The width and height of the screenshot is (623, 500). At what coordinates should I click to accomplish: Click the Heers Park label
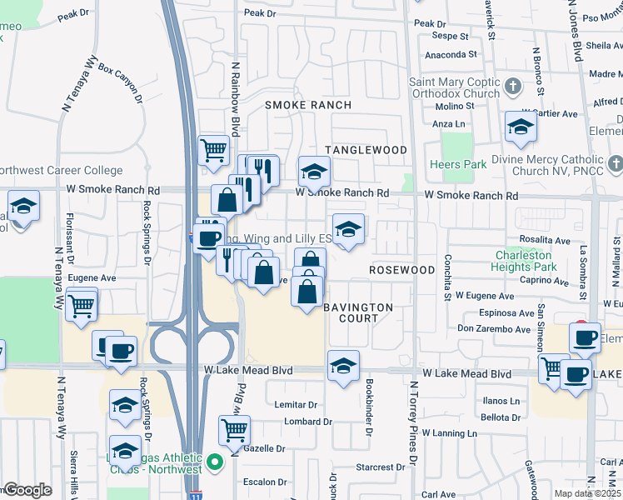458,164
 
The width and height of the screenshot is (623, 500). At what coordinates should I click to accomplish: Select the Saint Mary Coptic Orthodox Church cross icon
513,86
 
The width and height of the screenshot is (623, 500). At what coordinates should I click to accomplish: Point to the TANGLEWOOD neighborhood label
366,150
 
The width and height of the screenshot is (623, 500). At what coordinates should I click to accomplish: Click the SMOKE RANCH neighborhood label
308,105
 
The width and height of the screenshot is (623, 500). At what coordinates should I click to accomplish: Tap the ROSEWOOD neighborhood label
402,270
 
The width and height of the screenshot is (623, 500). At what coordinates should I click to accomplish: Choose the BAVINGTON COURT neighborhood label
358,312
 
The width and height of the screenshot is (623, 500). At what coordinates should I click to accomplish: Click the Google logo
27,490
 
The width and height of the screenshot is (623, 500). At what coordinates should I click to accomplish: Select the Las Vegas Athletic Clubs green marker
214,461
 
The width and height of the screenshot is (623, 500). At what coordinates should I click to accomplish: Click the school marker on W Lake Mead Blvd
342,366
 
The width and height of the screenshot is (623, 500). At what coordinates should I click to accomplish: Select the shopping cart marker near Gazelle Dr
234,430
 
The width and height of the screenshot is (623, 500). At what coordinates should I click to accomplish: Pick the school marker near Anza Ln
521,127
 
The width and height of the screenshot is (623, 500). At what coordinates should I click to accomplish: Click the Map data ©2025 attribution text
588,493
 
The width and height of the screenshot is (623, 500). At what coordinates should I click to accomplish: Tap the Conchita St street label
447,278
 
